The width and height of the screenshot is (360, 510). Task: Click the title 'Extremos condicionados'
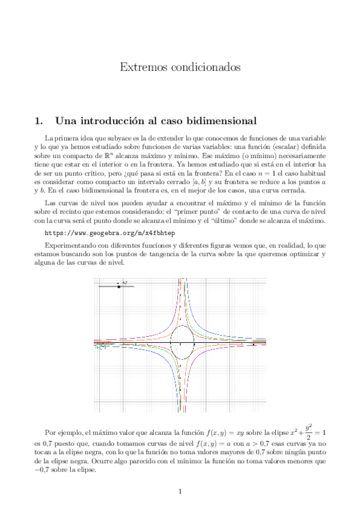point(180,67)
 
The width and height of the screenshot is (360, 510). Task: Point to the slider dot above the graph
point(119,286)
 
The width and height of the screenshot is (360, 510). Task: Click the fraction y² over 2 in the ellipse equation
point(307,433)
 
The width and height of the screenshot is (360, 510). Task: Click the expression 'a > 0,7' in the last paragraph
point(237,444)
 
